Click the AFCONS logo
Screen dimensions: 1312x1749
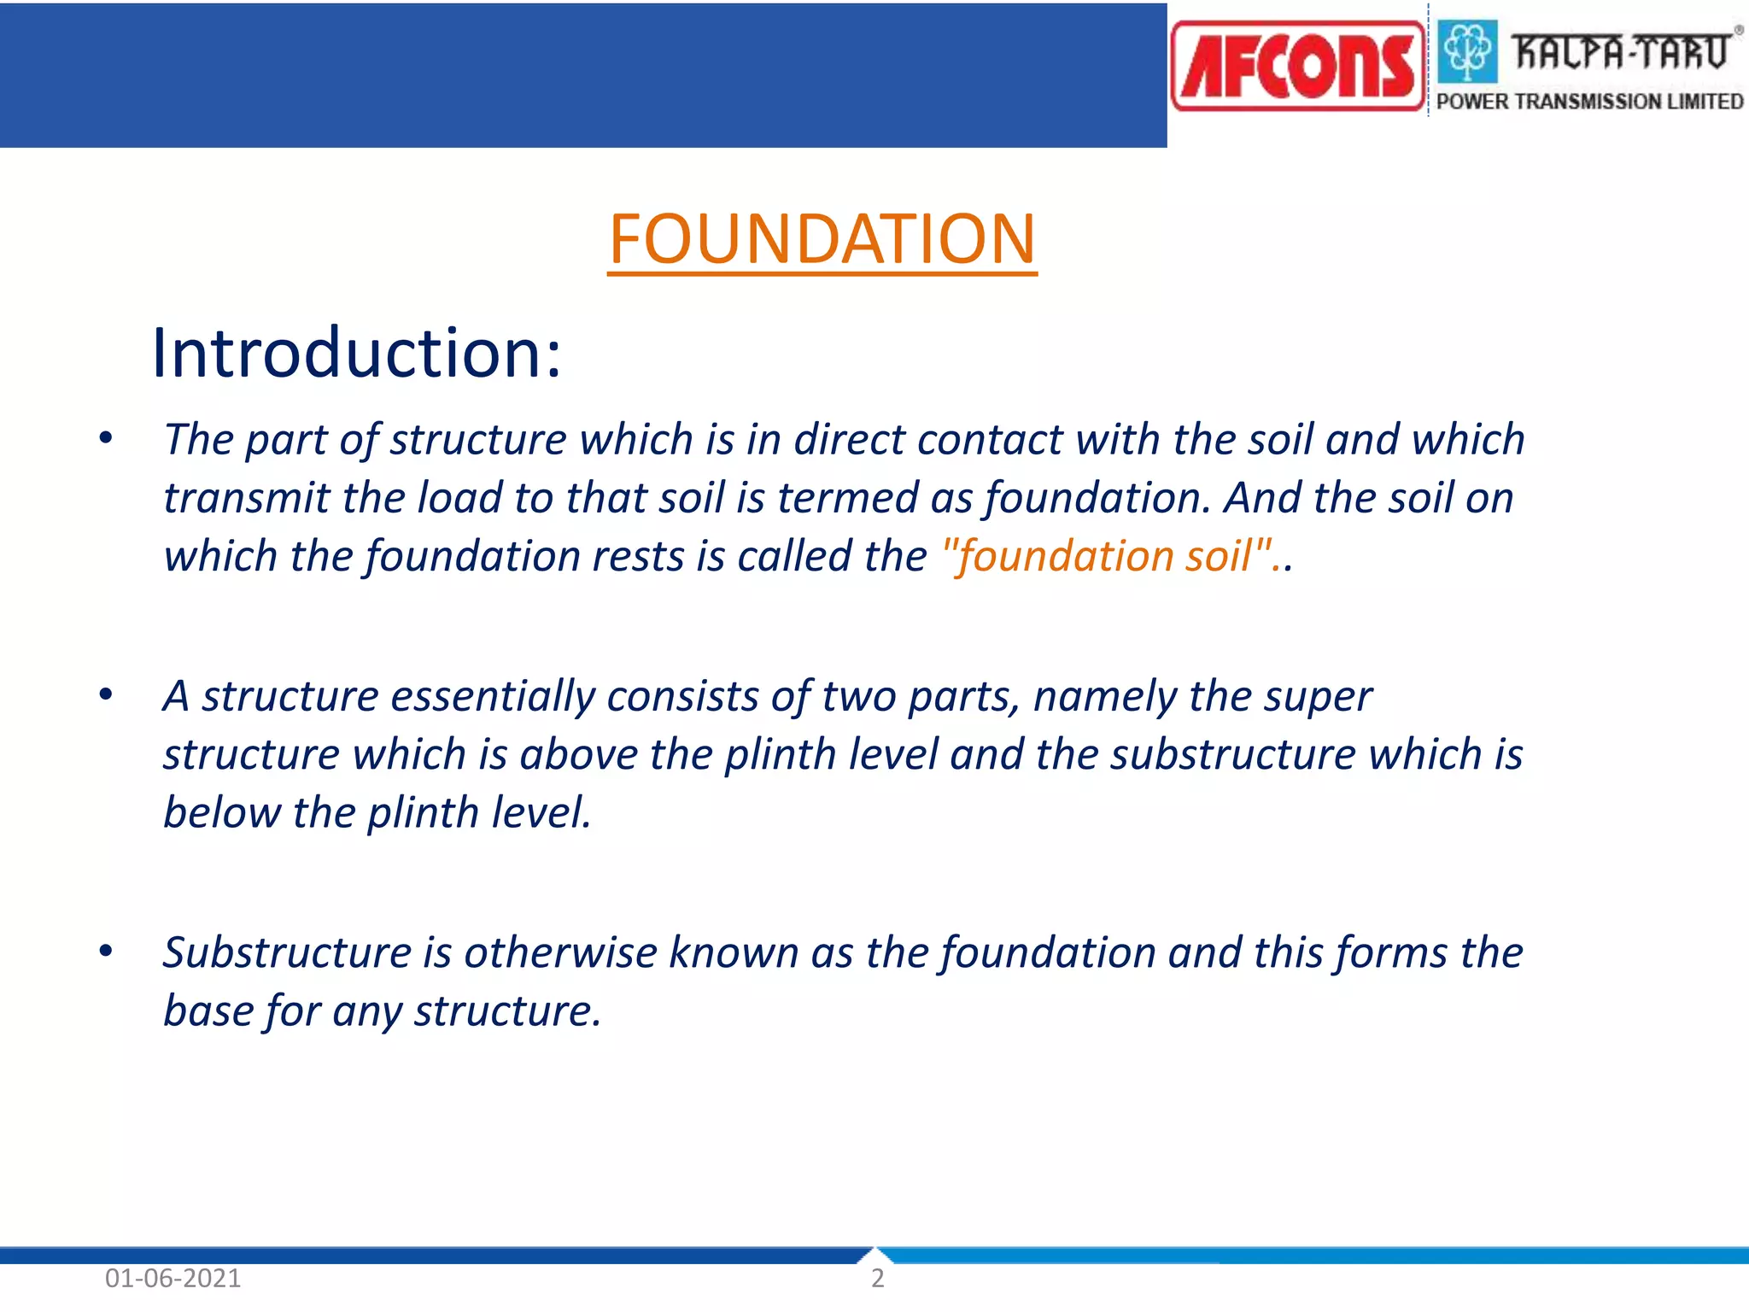pyautogui.click(x=1297, y=67)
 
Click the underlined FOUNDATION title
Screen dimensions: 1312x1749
pyautogui.click(x=822, y=239)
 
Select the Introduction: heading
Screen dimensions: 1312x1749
pyautogui.click(x=356, y=353)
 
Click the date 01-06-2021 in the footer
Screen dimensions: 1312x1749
pyautogui.click(x=173, y=1279)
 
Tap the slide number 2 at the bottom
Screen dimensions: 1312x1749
pyautogui.click(x=877, y=1279)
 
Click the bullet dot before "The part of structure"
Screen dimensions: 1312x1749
pyautogui.click(x=106, y=438)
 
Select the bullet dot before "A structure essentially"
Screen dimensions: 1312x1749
pyautogui.click(x=106, y=694)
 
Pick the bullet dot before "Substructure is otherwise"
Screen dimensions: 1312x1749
pyautogui.click(x=106, y=951)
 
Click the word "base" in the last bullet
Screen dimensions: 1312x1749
pyautogui.click(x=208, y=1011)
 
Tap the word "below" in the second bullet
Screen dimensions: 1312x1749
pyautogui.click(x=221, y=812)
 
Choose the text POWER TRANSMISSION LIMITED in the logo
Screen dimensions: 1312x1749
pyautogui.click(x=1589, y=102)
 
